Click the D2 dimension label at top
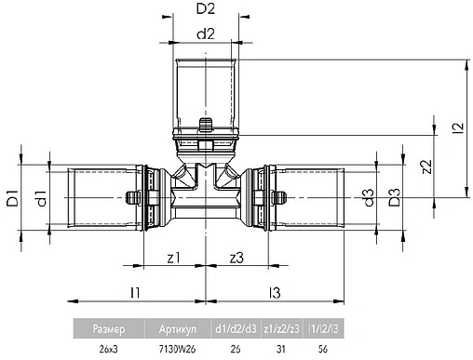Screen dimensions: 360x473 pos(207,10)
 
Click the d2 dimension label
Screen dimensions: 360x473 pos(207,34)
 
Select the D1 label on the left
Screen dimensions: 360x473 pos(14,196)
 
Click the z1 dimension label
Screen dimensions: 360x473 pos(172,258)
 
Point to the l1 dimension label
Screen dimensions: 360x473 pos(135,292)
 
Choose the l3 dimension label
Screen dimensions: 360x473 pos(274,292)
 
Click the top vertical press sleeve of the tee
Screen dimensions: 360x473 pos(207,89)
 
